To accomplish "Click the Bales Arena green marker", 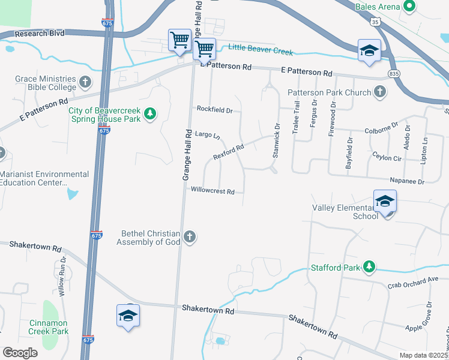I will pos(410,7).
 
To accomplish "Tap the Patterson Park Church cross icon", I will pos(379,92).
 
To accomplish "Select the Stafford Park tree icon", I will pos(370,267).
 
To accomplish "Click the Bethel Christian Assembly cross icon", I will pos(190,237).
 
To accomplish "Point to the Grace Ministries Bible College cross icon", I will pos(85,81).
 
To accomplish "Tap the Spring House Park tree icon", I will pos(150,113).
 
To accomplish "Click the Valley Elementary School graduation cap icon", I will pos(385,201).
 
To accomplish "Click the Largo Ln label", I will pos(208,135).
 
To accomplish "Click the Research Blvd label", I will pos(39,33).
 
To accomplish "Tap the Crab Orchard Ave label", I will pos(414,280).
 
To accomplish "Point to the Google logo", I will pos(20,353).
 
